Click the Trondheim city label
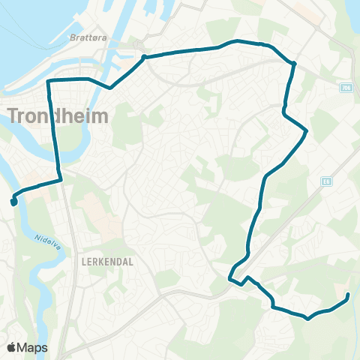click(58, 116)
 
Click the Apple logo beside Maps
click(11, 347)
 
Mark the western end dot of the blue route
click(13, 202)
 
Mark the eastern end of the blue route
click(349, 296)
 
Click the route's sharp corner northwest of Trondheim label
click(49, 81)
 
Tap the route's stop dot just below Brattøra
click(142, 57)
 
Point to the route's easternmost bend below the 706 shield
click(307, 132)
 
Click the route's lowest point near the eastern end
click(307, 318)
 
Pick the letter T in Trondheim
click(15, 116)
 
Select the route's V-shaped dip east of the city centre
click(110, 88)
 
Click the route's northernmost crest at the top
click(238, 40)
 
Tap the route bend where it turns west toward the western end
click(59, 179)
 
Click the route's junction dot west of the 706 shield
click(294, 64)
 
